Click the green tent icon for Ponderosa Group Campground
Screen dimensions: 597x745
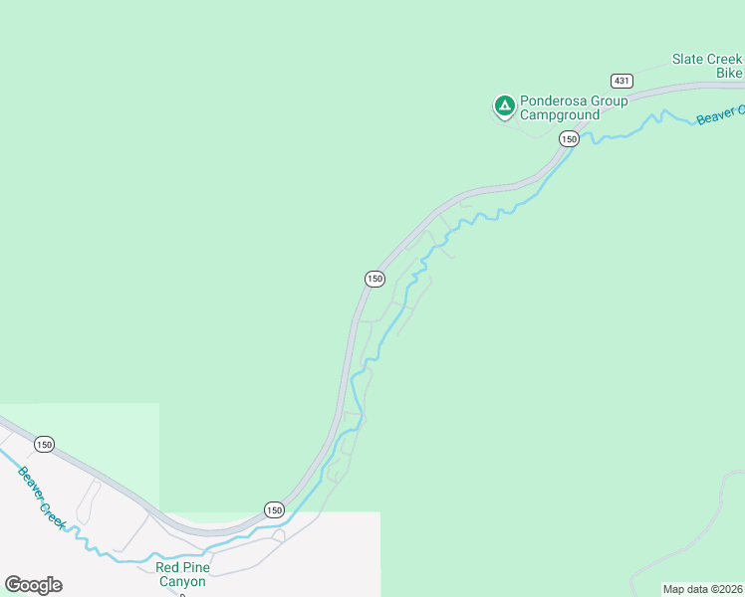click(505, 103)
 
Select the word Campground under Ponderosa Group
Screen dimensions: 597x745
click(562, 115)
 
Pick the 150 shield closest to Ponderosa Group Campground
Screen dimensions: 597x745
click(568, 139)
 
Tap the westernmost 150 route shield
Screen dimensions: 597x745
click(44, 444)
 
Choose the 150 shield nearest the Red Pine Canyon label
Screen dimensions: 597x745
click(274, 509)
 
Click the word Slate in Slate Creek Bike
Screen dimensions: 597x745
click(689, 60)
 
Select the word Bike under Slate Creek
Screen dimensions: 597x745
click(730, 74)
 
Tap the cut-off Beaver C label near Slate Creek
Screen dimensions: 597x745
click(720, 115)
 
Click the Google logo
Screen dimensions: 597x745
click(33, 585)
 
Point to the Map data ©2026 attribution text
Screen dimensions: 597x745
click(702, 589)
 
